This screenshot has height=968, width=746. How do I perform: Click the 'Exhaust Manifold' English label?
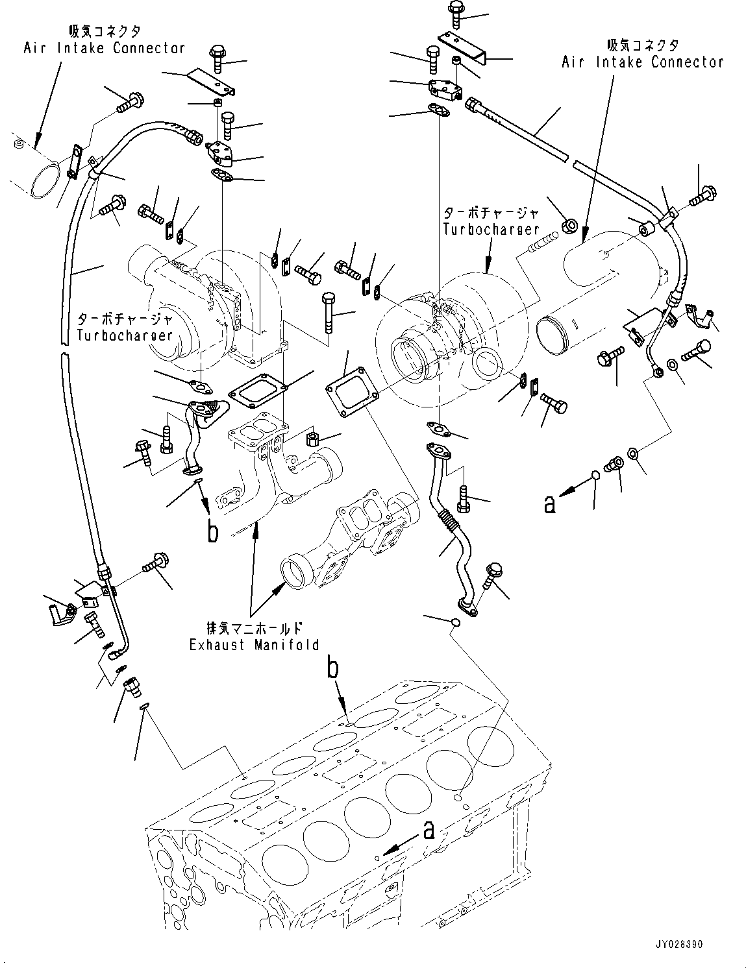coord(254,645)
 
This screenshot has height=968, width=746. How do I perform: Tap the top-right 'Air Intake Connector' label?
coord(642,62)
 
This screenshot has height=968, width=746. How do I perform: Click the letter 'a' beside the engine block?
coord(428,830)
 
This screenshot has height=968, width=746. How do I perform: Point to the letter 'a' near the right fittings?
coord(550,503)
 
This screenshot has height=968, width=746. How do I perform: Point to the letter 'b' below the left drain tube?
coord(212,531)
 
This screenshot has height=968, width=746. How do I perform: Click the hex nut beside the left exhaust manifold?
coord(311,439)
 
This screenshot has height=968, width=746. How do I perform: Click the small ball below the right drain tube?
coord(455,622)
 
